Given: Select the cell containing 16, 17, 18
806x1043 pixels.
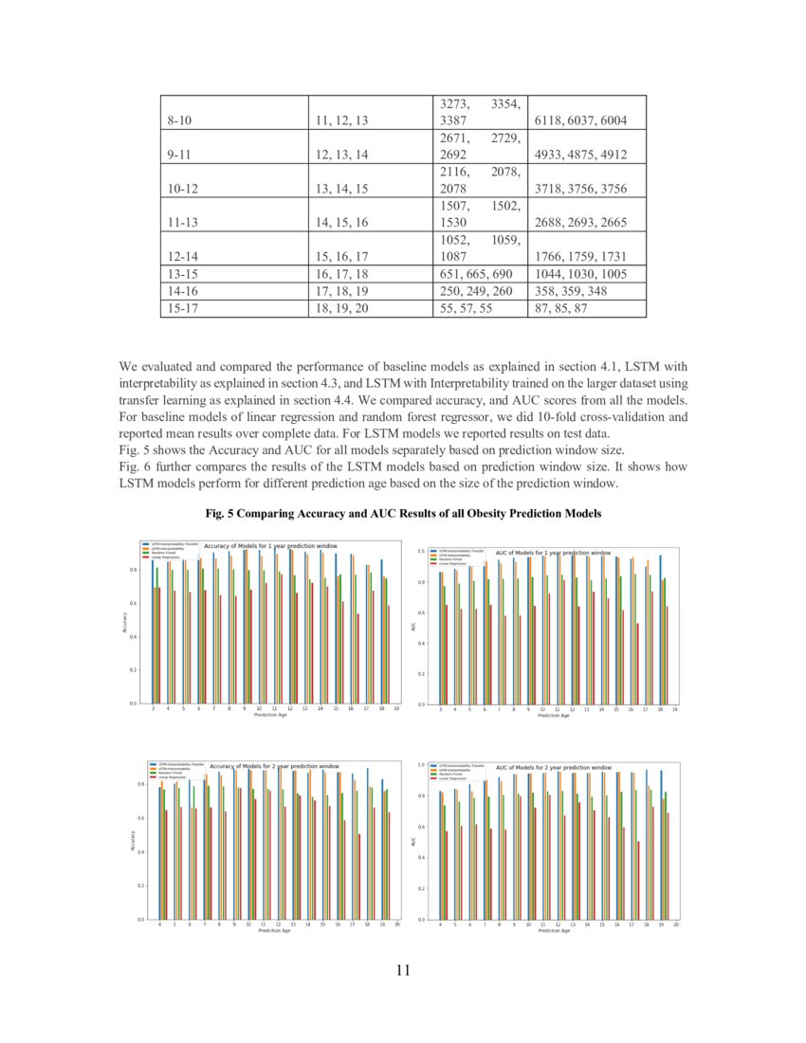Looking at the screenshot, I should coord(341,274).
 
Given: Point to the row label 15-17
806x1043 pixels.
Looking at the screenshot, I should coord(180,308).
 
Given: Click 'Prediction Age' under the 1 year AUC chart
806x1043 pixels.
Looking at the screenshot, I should coord(554,716).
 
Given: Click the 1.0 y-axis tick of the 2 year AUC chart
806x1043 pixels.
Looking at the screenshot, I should coord(421,764).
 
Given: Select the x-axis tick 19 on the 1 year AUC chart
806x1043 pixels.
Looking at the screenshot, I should coord(674,709).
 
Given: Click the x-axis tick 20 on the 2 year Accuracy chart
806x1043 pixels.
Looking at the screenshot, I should coord(397,924).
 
